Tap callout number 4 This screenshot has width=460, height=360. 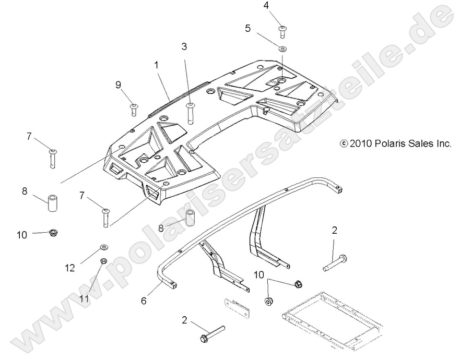tap(281, 6)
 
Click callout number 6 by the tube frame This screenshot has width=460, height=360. tap(144, 301)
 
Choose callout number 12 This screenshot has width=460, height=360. tap(70, 268)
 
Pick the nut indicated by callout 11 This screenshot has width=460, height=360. tap(104, 260)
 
